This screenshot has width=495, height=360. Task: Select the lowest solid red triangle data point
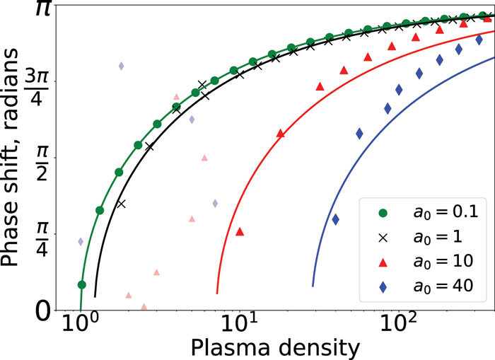(240, 231)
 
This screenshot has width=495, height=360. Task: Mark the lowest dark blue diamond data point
(336, 219)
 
